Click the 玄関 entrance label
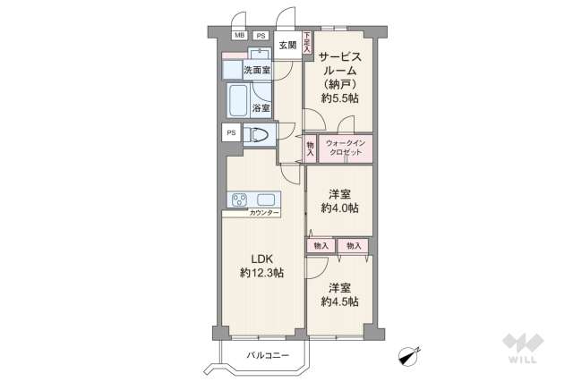pos(286,46)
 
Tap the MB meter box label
pos(239,36)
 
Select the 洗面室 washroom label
pos(257,69)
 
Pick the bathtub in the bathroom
pos(239,100)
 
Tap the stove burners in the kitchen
pos(241,199)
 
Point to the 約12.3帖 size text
pos(261,273)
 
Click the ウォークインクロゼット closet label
pos(344,148)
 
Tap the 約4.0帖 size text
pos(339,208)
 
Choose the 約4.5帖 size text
pos(339,301)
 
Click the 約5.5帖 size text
pos(339,98)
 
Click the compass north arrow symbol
pos(408,355)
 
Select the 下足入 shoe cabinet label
pos(307,43)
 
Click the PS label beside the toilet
pos(231,133)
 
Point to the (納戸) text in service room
pos(339,84)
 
